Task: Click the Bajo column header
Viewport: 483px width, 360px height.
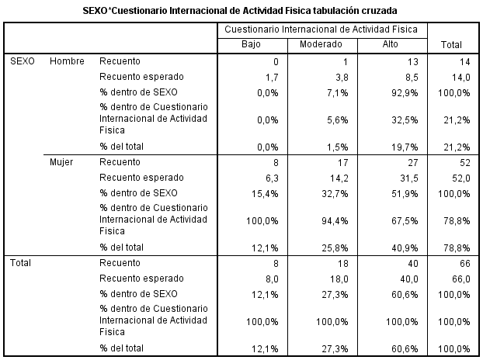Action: pos(251,44)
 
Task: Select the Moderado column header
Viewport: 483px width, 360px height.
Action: pos(321,44)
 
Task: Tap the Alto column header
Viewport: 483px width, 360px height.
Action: pos(390,44)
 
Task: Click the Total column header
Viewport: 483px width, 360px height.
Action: pos(451,45)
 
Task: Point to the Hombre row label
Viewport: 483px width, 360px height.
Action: pos(67,61)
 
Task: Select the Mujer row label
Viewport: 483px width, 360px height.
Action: pos(61,162)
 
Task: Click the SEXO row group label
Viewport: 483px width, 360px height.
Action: pos(23,61)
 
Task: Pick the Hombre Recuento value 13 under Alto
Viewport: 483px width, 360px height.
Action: pos(413,62)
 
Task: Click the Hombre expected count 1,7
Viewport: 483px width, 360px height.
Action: pos(272,78)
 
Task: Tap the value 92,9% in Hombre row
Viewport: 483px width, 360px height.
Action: pos(405,92)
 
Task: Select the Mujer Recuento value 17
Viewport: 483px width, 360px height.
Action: pos(343,163)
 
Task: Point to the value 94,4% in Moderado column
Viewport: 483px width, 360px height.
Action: pos(335,220)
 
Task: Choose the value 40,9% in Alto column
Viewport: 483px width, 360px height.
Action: pos(405,247)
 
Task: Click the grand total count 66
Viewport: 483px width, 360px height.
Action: pos(465,264)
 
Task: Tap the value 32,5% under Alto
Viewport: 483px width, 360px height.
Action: pos(405,119)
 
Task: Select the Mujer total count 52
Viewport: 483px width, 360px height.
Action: pos(465,163)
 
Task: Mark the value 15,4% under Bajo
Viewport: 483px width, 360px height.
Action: pos(265,193)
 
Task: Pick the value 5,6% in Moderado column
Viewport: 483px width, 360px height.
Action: pos(338,119)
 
